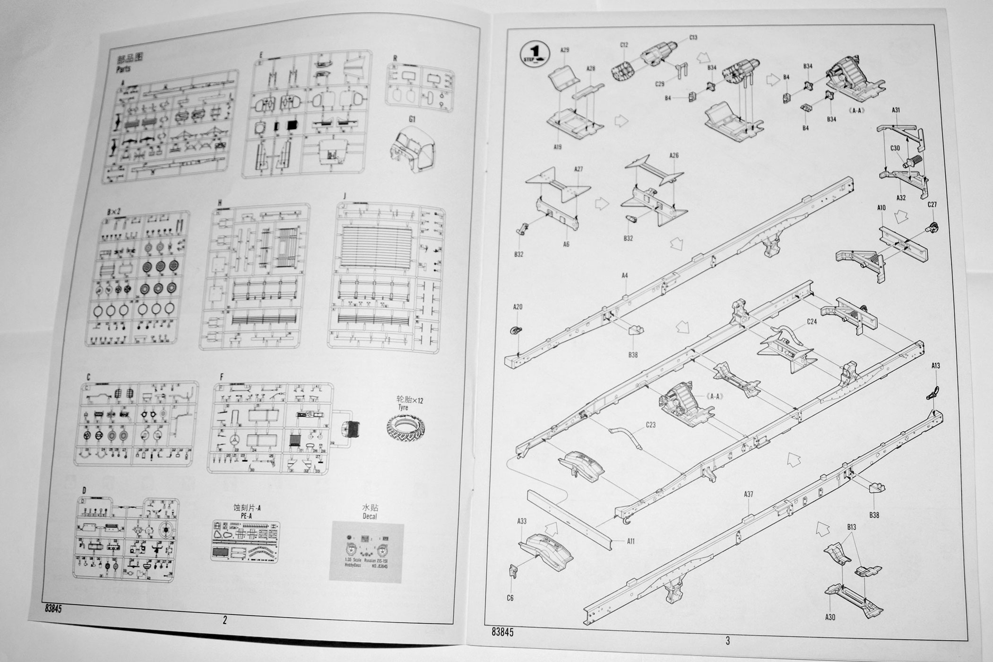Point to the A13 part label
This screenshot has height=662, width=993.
[x=935, y=366]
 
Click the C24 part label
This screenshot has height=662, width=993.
[x=812, y=322]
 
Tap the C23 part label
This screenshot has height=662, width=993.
[x=651, y=425]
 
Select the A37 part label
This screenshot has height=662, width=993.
[x=748, y=494]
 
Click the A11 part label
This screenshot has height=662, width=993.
[x=630, y=541]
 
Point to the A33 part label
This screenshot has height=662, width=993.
[x=522, y=521]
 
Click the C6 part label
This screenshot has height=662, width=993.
[x=509, y=598]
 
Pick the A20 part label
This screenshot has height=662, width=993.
[x=518, y=307]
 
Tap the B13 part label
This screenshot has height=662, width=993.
[x=851, y=527]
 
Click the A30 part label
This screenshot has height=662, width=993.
[x=830, y=617]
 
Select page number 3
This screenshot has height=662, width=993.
[x=727, y=641]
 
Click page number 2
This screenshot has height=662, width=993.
[x=225, y=620]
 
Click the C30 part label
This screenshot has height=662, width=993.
[x=895, y=148]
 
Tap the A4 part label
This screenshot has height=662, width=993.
[x=624, y=275]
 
